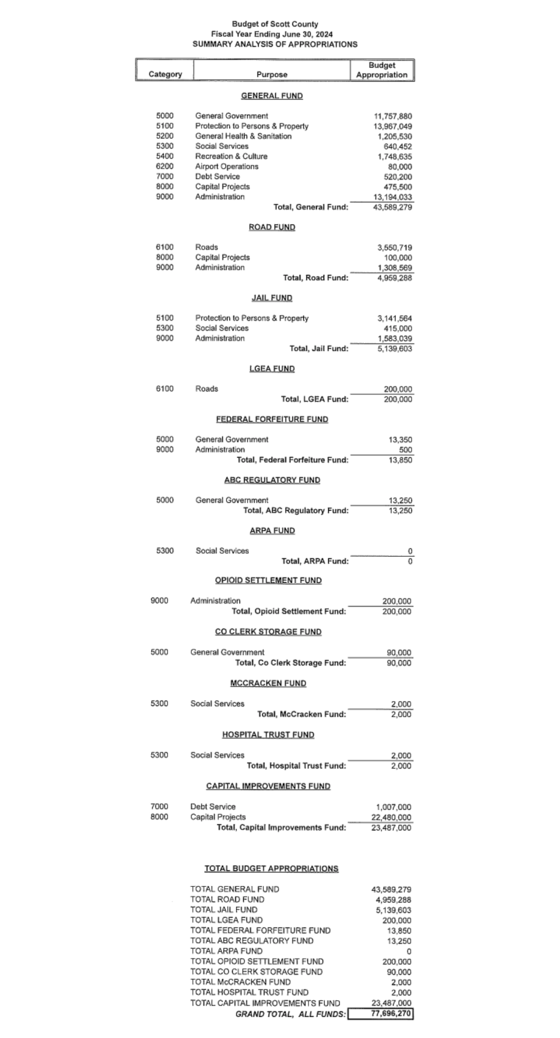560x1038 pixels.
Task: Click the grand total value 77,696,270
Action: pos(392,1013)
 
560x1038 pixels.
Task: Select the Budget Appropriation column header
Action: pos(382,70)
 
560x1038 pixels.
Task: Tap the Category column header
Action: pos(165,74)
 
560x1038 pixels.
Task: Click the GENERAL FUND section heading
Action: pos(272,96)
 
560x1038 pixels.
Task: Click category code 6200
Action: pos(164,167)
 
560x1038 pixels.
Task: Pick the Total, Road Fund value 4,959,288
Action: pos(395,278)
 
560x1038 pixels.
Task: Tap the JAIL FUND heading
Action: pos(272,298)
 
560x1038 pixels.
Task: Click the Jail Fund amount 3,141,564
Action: pos(395,318)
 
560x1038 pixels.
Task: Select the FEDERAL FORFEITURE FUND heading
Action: pos(272,419)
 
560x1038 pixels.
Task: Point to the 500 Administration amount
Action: pos(405,450)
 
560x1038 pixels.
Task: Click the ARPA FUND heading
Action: pos(272,530)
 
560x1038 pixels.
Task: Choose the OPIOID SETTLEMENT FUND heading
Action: pos(268,580)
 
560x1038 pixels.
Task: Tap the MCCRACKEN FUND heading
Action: pos(268,683)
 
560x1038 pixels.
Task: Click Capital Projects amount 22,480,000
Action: pos(391,817)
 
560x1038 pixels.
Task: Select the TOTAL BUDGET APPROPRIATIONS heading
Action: pos(271,869)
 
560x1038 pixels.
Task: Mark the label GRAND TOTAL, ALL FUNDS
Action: pos(290,1014)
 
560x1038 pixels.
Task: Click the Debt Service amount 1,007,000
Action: pos(393,807)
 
